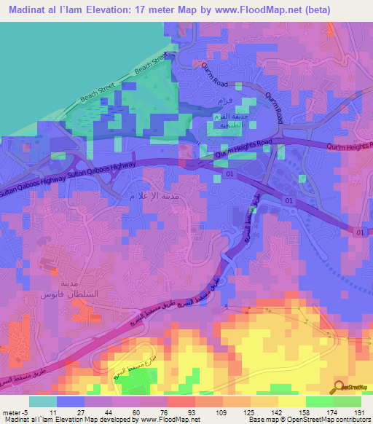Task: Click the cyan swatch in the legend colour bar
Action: click(x=43, y=401)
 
